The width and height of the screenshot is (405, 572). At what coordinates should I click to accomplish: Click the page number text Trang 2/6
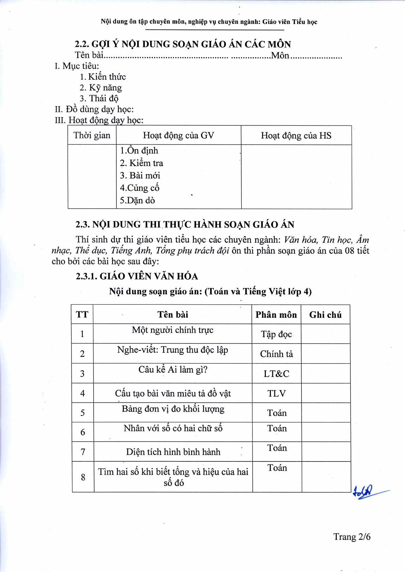[352, 537]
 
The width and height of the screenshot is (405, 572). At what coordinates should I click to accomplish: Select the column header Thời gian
[92, 135]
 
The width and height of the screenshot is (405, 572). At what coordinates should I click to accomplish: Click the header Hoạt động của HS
[296, 136]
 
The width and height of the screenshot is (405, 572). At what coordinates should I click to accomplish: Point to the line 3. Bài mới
[140, 175]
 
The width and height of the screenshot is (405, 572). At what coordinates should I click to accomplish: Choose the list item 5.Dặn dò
[137, 200]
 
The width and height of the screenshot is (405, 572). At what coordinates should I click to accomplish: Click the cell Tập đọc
[276, 334]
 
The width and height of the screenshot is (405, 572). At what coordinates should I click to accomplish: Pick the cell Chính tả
[276, 354]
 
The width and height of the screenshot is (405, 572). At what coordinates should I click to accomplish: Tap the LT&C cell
[276, 374]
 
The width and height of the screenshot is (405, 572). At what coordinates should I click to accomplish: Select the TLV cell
[276, 393]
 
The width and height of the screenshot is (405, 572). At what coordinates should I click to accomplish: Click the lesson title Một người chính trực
[173, 330]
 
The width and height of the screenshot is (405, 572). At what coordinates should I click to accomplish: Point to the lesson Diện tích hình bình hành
[173, 452]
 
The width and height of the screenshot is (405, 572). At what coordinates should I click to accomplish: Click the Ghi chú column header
[325, 315]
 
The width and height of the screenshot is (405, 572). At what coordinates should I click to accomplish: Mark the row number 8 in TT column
[83, 477]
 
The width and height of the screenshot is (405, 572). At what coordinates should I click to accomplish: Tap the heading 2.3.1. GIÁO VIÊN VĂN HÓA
[137, 276]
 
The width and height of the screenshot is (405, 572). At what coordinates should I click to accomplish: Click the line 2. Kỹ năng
[101, 88]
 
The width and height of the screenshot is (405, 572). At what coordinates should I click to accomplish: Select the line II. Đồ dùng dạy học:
[94, 109]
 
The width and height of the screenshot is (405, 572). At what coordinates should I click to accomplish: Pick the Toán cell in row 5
[277, 413]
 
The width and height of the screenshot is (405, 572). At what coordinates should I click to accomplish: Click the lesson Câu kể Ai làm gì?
[173, 370]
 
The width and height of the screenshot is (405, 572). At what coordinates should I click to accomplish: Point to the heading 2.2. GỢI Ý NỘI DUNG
[183, 44]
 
